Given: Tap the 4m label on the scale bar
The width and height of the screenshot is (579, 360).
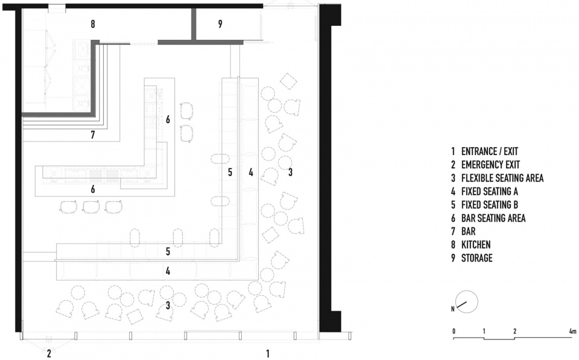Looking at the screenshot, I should coord(572,332).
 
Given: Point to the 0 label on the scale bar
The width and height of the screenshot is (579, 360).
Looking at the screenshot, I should coord(454,332).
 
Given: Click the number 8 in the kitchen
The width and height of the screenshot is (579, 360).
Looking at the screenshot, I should coord(92,24).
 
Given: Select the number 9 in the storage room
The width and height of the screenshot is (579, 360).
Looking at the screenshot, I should coord(220,24).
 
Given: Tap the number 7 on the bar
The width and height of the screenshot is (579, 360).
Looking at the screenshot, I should coord(92,135).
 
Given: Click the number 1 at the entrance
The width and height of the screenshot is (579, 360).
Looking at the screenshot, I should coord(268,353).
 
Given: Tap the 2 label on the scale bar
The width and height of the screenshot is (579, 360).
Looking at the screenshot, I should coord(514,332).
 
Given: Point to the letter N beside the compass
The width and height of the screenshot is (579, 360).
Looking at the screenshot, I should coord(452,308).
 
